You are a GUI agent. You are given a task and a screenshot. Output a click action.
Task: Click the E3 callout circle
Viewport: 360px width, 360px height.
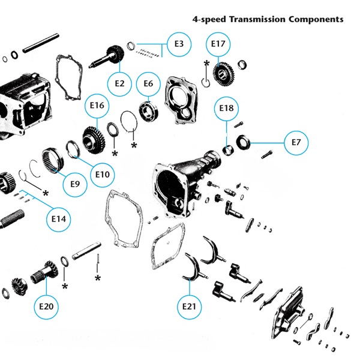pyautogui.click(x=179, y=44)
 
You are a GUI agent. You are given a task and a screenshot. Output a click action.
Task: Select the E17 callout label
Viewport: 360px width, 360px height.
pyautogui.click(x=219, y=44)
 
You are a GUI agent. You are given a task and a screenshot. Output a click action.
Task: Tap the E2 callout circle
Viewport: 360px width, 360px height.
pyautogui.click(x=119, y=83)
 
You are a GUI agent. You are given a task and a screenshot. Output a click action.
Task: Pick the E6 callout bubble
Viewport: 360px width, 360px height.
pyautogui.click(x=148, y=83)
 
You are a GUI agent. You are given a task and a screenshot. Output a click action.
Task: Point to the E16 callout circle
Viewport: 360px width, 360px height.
pyautogui.click(x=97, y=106)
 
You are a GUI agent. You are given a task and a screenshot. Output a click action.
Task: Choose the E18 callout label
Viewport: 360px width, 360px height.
pyautogui.click(x=227, y=108)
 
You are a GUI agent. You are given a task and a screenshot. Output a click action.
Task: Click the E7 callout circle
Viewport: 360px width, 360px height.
pyautogui.click(x=296, y=143)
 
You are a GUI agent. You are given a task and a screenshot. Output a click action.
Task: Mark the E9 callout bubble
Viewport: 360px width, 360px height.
pyautogui.click(x=75, y=184)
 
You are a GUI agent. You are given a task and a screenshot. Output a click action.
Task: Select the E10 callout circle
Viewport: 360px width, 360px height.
pyautogui.click(x=103, y=175)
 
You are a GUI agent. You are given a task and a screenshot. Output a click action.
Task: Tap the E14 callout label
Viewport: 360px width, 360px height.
pyautogui.click(x=58, y=219)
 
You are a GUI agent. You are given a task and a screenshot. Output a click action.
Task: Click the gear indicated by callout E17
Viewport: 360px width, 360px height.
pyautogui.click(x=222, y=74)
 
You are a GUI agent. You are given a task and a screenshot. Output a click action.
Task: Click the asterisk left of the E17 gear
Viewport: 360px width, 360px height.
pyautogui.click(x=206, y=64)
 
